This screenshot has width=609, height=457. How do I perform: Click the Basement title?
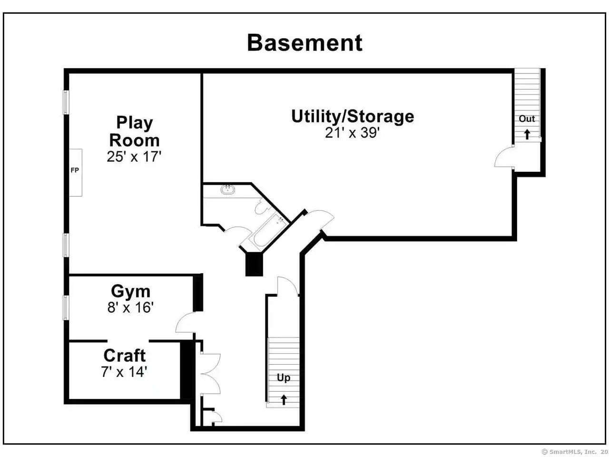click(x=304, y=43)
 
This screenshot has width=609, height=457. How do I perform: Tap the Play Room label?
click(x=135, y=131)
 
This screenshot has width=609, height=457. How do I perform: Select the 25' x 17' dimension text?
click(x=134, y=157)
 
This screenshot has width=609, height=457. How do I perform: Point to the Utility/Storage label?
click(x=353, y=117)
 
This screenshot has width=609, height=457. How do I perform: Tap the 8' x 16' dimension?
click(x=131, y=308)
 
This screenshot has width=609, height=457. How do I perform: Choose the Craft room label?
click(x=125, y=355)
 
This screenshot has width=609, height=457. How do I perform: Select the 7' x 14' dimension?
click(x=124, y=371)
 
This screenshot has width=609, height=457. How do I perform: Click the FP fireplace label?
click(x=75, y=170)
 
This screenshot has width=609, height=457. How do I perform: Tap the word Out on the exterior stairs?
click(x=527, y=119)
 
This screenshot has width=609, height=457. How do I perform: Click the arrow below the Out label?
click(x=527, y=134)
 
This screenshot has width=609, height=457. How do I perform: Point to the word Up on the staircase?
click(x=284, y=378)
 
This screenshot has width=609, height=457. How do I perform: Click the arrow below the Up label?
click(x=284, y=400)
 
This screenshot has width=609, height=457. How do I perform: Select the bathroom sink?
click(x=227, y=190)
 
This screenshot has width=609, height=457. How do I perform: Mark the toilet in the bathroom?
click(x=261, y=207)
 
